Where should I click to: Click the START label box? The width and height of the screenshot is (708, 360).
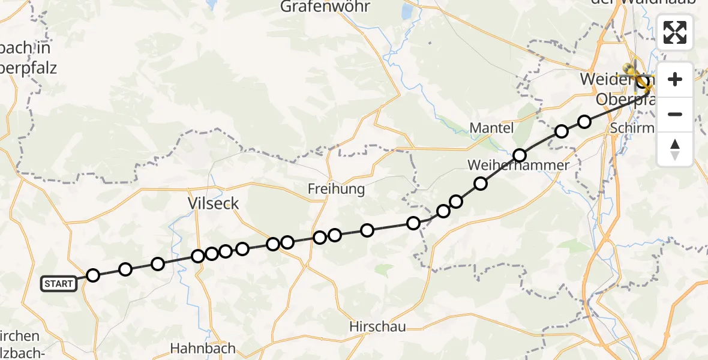pyautogui.click(x=59, y=284)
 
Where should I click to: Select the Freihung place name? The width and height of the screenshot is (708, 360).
pyautogui.click(x=336, y=189)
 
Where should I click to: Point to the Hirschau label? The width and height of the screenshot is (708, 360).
pyautogui.click(x=378, y=327)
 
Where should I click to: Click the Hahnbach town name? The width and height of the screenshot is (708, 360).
pyautogui.click(x=203, y=348)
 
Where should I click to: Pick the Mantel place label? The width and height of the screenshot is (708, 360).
pyautogui.click(x=491, y=128)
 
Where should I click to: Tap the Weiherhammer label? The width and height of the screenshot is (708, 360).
pyautogui.click(x=518, y=165)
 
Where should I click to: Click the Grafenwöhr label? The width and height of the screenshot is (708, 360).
pyautogui.click(x=326, y=7)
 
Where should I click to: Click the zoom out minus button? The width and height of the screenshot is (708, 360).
pyautogui.click(x=675, y=114)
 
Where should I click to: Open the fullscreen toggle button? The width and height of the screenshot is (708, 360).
pyautogui.click(x=675, y=32)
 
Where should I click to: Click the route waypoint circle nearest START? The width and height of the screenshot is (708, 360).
pyautogui.click(x=93, y=275)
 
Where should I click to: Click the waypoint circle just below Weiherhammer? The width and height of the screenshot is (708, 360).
pyautogui.click(x=480, y=184)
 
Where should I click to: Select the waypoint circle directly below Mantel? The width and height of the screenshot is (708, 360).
pyautogui.click(x=520, y=155)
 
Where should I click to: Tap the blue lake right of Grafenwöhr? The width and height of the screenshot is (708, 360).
pyautogui.click(x=407, y=12)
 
